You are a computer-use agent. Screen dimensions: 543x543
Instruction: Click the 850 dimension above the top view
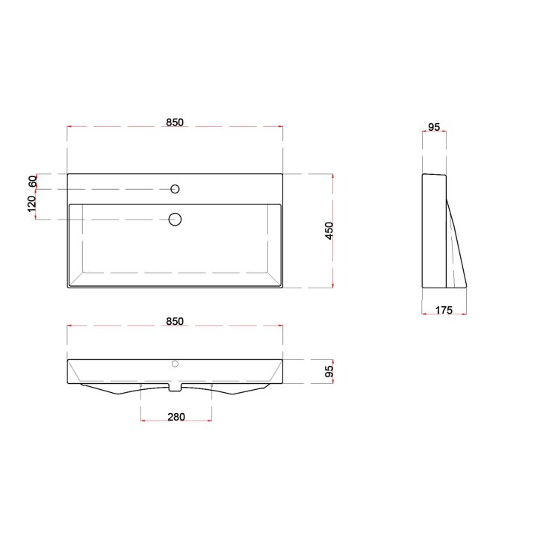175,122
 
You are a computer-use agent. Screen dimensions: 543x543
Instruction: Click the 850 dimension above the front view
175,321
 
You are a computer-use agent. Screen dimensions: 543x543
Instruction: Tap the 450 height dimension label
329,231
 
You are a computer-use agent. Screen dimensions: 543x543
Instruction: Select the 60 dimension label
32,181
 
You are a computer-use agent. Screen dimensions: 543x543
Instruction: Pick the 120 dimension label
31,205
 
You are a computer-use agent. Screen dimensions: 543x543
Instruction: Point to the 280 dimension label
176,417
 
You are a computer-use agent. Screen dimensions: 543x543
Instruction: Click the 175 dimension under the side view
444,310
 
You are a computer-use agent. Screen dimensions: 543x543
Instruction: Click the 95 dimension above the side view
434,127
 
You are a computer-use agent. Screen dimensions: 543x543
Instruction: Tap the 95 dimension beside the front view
329,371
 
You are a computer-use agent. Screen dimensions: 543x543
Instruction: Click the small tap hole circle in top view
176,189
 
